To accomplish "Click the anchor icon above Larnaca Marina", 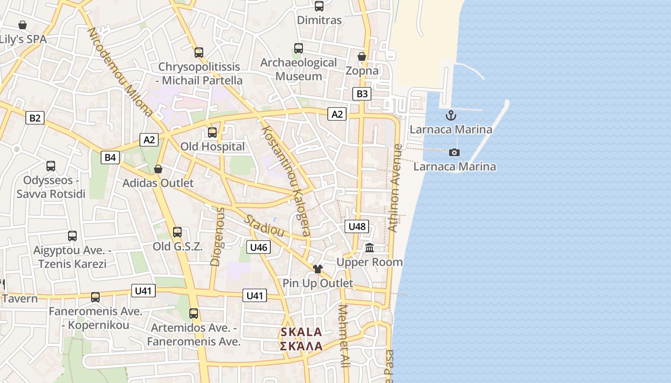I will pos(451,115).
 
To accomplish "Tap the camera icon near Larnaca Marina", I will pos(454,152).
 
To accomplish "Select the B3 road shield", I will pos(362,94).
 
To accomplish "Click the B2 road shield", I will pos(35,118).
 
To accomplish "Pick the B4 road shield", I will pos(110,157).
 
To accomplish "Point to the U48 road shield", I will pos(357,226).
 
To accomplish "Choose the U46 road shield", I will pos(258,247).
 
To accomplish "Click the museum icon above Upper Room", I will pos(370,248).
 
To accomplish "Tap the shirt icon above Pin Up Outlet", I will pos(317,269).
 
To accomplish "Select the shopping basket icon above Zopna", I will pos(362,56).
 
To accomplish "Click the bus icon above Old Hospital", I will pos(212,133).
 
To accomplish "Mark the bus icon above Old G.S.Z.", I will pos(177,232).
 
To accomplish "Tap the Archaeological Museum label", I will pos(299,69).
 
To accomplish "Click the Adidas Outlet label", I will pos(158,183).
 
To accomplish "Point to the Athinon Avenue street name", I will pos(394,188).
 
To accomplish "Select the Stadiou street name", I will pos(265,225).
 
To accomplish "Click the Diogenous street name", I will pos(217,237).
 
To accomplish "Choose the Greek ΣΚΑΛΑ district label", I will pos(301,346).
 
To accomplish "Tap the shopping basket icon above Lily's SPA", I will pos(22,25).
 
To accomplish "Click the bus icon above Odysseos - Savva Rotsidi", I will pos(51,166).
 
